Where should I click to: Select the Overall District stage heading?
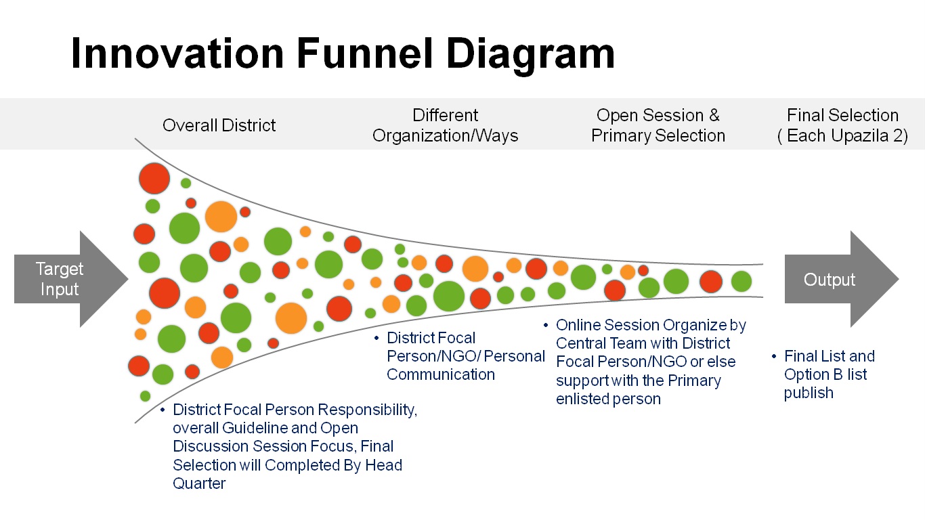219,125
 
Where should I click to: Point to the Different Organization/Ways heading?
446,125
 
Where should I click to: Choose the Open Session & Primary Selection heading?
658,125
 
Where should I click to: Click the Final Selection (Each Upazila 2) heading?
842,125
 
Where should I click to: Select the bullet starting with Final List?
829,374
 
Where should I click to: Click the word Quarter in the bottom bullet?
199,483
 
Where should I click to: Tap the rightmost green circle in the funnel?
741,281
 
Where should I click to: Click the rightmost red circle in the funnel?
710,281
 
